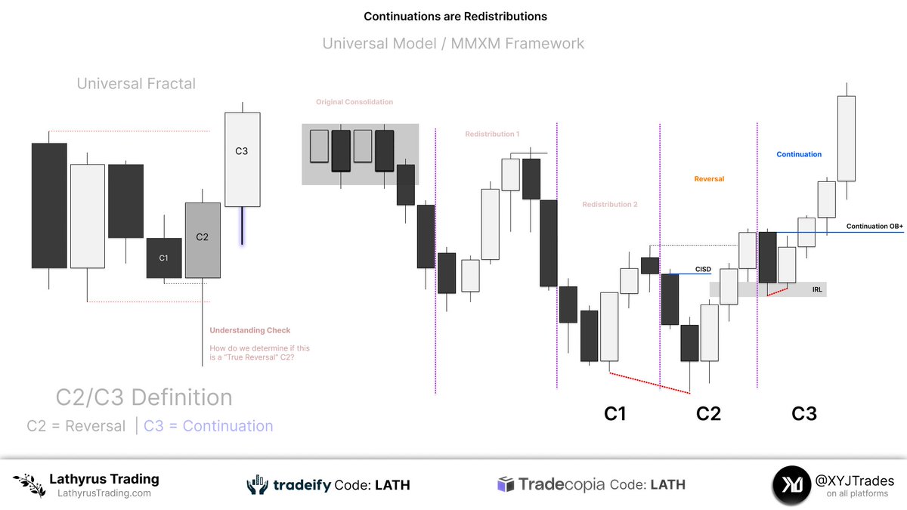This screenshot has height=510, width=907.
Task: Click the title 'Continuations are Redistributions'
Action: [x=455, y=16]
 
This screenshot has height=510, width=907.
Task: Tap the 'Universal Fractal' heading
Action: [x=136, y=83]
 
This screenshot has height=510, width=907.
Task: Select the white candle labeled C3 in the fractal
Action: [x=242, y=159]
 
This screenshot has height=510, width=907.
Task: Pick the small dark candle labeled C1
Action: [x=164, y=258]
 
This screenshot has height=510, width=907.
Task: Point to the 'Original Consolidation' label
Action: [x=354, y=102]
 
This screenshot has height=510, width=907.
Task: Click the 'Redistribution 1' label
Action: [x=492, y=134]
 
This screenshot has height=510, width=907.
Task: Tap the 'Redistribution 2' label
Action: [x=610, y=205]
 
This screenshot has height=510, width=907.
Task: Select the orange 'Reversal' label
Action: [x=709, y=179]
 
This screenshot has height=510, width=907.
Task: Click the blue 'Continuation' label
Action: [x=799, y=154]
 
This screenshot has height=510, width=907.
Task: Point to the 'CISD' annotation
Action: [x=703, y=269]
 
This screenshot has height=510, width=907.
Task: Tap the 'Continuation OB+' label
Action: [x=874, y=227]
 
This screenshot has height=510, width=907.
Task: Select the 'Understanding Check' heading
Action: [x=250, y=330]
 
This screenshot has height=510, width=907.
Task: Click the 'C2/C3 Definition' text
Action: [x=144, y=397]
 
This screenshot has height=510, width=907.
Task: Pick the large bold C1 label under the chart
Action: [x=614, y=413]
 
